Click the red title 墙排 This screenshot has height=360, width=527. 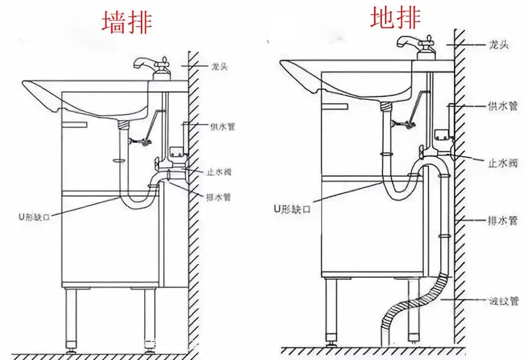[x=127, y=23]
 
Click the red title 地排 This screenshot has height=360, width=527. [x=395, y=18]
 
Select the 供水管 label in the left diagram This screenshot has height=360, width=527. [x=222, y=127]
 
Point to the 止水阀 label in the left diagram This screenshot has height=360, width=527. [x=219, y=172]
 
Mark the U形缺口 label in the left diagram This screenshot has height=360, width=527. [x=34, y=217]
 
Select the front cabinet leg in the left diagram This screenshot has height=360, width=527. [x=71, y=318]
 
